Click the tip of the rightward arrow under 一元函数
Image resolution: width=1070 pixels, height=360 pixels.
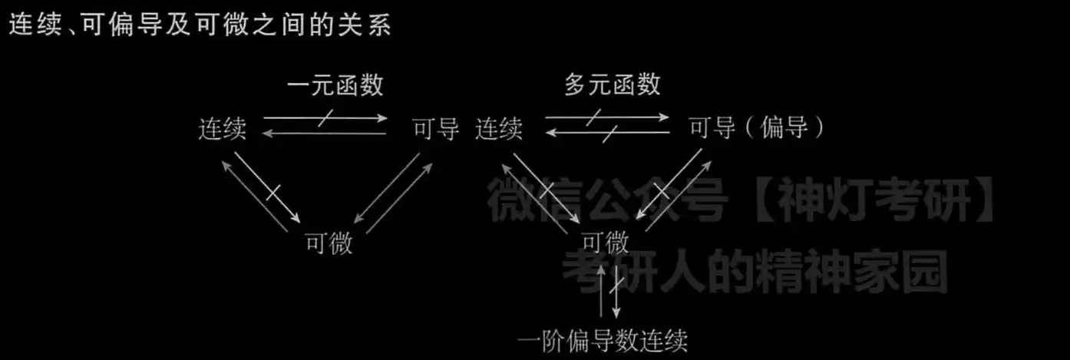point(388,117)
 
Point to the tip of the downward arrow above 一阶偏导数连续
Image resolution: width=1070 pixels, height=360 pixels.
point(616,318)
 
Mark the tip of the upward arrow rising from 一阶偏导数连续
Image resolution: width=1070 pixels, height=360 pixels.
point(602,266)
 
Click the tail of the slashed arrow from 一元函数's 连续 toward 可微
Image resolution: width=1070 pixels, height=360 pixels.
point(235,153)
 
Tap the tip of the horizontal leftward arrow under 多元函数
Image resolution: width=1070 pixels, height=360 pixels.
point(546,132)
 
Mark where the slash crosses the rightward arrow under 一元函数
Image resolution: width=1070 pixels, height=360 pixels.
point(325,117)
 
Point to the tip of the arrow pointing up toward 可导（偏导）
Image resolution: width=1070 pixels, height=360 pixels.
point(712,161)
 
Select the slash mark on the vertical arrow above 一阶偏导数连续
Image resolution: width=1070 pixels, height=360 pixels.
point(616,284)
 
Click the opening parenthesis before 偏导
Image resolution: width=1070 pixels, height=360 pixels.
point(749,128)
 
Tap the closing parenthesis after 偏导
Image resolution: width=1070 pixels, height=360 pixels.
point(819,128)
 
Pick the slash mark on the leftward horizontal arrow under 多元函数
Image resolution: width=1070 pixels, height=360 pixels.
point(610,134)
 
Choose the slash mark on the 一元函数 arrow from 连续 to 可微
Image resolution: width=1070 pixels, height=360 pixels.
point(272,193)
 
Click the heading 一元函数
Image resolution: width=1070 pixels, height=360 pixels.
point(335,85)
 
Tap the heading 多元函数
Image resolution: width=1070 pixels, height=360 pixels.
point(613,84)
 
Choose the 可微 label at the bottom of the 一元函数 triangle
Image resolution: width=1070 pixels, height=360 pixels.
point(329,243)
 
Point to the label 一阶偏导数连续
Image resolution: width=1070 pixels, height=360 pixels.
point(603,341)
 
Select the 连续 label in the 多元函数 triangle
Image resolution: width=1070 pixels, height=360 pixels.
point(499,129)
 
